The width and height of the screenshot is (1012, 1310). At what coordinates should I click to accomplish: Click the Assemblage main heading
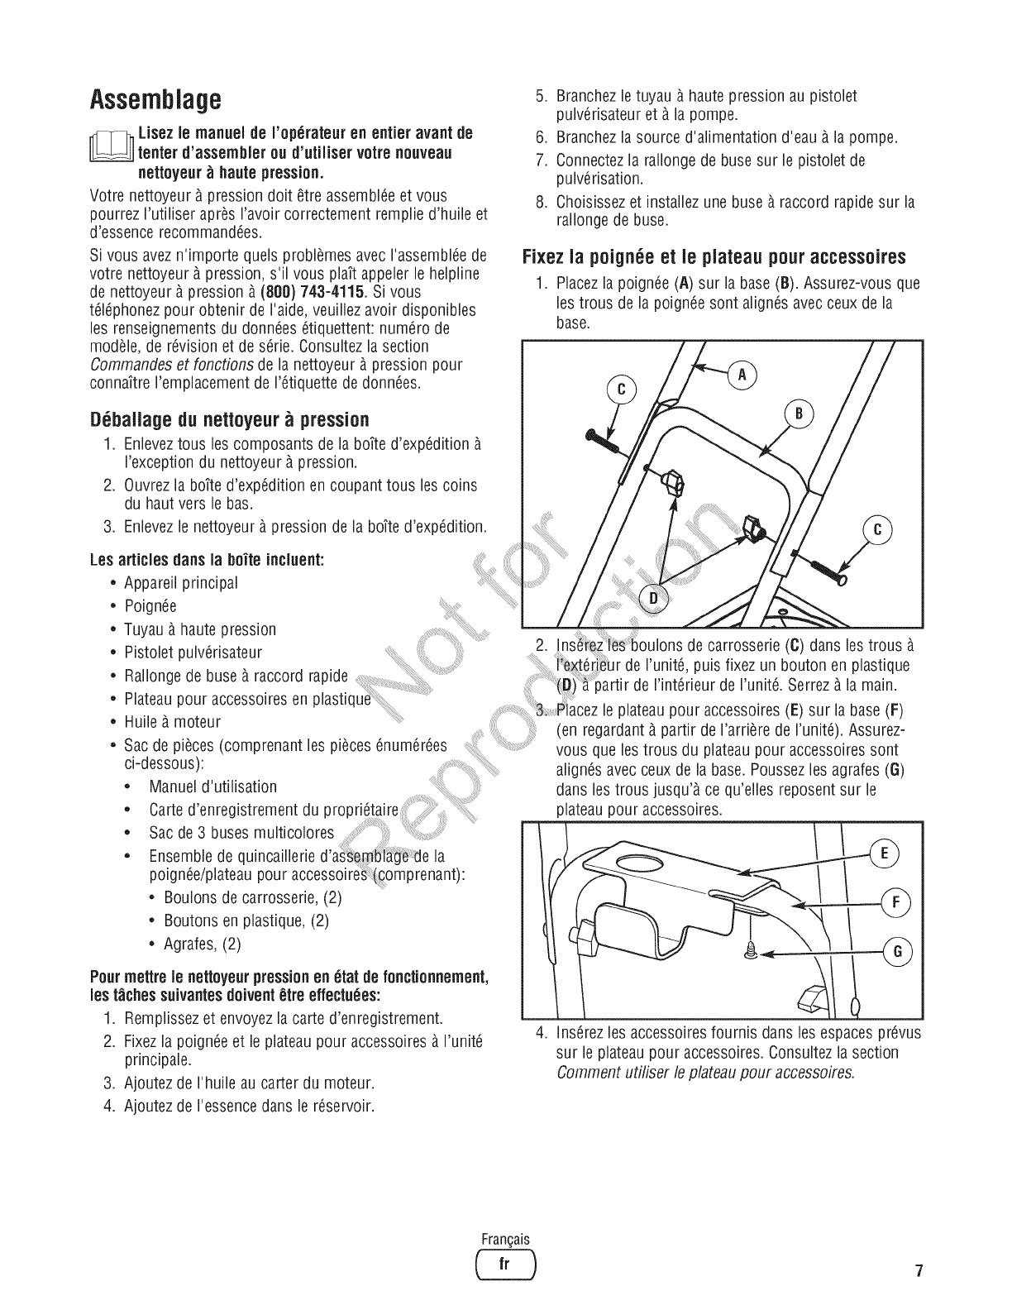tap(155, 100)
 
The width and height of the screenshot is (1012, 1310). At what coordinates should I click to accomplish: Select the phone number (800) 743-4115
tap(313, 293)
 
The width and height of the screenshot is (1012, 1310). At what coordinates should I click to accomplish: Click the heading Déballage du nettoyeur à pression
tap(229, 419)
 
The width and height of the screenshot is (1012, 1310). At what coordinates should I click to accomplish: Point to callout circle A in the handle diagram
tap(742, 375)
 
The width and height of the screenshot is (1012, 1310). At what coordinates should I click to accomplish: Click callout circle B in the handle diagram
tap(799, 414)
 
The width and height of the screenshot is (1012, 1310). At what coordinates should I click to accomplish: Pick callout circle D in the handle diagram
tap(654, 598)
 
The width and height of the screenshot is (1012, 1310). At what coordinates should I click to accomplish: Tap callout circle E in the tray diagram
tap(884, 853)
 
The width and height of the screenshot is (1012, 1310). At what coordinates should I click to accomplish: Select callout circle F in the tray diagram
tap(895, 902)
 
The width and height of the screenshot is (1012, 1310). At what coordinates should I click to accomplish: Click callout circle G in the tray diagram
tap(897, 952)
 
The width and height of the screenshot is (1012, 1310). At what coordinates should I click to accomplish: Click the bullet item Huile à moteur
tap(172, 722)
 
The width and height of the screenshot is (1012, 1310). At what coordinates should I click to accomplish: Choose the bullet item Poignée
tap(150, 606)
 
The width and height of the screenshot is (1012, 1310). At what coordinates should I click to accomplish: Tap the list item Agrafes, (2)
tap(202, 944)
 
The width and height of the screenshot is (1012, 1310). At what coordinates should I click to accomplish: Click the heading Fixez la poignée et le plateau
tap(714, 257)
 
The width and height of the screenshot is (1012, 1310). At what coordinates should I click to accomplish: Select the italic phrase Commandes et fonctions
tap(172, 366)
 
